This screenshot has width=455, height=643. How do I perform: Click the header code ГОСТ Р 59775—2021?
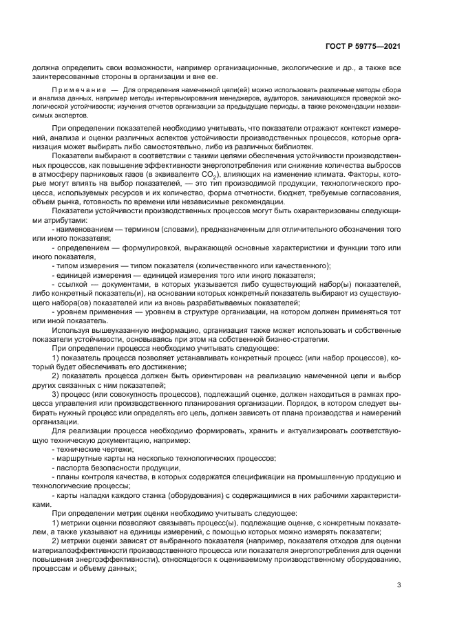click(363, 47)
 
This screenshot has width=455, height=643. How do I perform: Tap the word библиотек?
click(288, 146)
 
